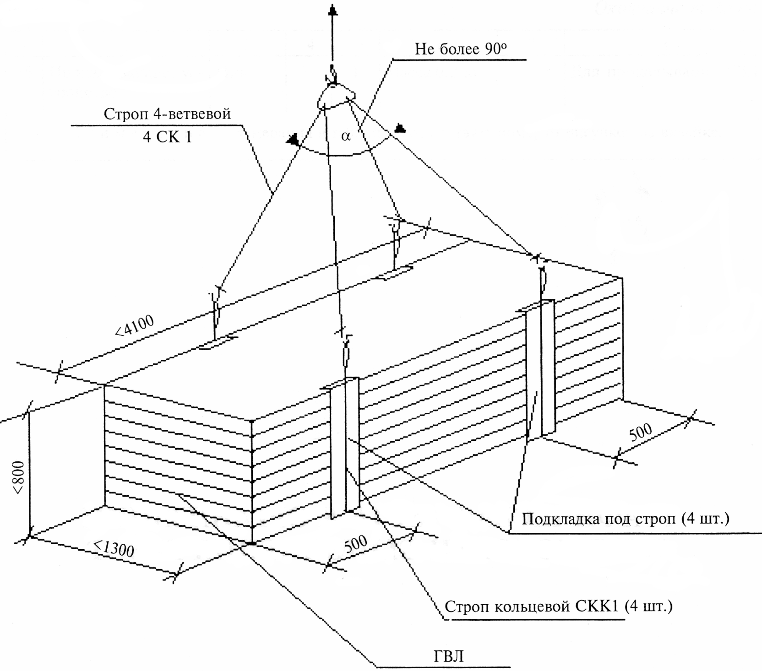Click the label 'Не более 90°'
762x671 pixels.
tap(460, 49)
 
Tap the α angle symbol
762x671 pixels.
tap(346, 135)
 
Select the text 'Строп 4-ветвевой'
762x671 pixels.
tap(167, 114)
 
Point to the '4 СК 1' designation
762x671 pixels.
tap(167, 136)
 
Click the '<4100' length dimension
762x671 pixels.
tap(134, 325)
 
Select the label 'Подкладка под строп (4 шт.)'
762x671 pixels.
tap(626, 519)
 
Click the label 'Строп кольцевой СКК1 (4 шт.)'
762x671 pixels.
tap(559, 606)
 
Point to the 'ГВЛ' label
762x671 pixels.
tap(448, 656)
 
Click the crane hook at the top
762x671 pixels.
tap(333, 78)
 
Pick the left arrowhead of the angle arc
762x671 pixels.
tap(293, 139)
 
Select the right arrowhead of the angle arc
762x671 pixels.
tap(400, 128)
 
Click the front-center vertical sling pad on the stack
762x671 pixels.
tap(345, 446)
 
